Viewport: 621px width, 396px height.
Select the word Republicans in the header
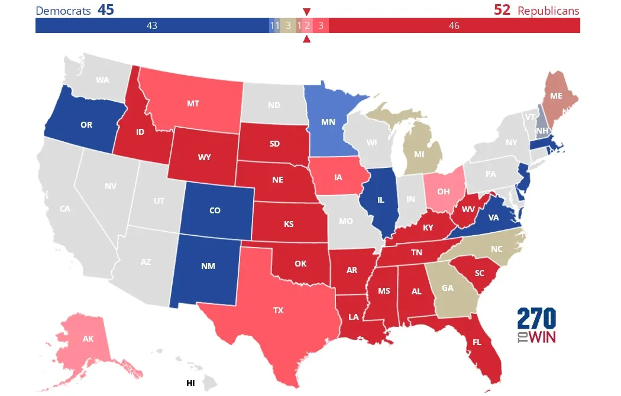[x=548, y=11]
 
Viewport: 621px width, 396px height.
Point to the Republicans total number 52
[x=502, y=10]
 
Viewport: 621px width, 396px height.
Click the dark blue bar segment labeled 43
[x=151, y=25]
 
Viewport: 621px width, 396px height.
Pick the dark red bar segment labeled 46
[x=454, y=25]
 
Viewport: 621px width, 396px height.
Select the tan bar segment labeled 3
[x=288, y=25]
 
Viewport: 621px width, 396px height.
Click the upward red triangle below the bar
[x=306, y=40]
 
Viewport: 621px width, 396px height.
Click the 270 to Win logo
[x=536, y=326]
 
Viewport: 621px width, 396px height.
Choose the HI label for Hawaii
[x=190, y=383]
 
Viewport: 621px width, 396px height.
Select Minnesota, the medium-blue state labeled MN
[x=328, y=122]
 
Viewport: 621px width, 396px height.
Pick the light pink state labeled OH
[x=444, y=191]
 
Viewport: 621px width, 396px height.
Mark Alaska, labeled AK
[x=88, y=339]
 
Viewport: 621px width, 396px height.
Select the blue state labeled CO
[x=215, y=210]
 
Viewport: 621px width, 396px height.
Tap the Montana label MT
[x=193, y=103]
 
